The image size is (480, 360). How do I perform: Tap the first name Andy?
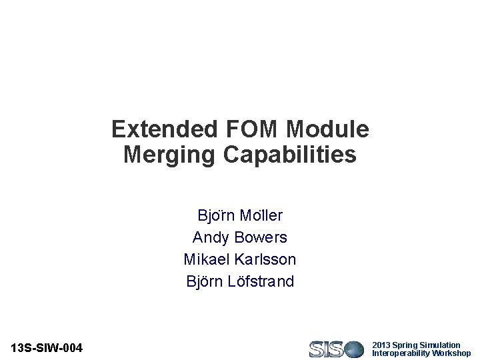coord(207,237)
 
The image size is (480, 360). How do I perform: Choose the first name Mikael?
coord(207,259)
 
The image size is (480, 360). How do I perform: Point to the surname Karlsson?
coord(265,259)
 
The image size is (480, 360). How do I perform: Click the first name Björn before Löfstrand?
coord(203,281)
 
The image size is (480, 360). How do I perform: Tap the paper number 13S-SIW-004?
coord(47,348)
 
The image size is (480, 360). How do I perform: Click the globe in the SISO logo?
coord(354,349)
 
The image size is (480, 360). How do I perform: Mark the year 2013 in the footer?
coord(381,345)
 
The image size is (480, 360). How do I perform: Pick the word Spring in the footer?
coord(405,345)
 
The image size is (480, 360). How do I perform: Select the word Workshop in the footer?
coord(451,353)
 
